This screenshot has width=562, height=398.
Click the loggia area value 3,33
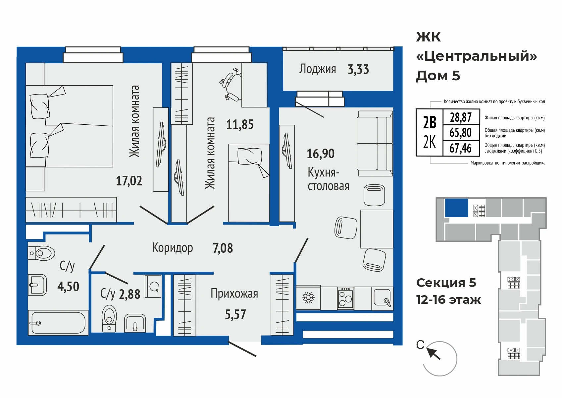(358, 69)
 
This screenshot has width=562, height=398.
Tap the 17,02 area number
(129, 181)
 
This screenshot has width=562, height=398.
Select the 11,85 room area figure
(240, 125)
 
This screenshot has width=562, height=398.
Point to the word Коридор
(173, 248)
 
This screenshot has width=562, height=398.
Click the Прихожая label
(234, 294)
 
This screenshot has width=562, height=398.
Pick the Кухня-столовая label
(328, 179)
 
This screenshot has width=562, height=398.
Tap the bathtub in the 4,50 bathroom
(58, 323)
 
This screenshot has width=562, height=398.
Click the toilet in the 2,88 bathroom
(109, 319)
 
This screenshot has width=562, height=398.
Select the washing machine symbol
(153, 287)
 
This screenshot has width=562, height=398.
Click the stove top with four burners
(345, 298)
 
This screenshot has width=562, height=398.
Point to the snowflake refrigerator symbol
(308, 298)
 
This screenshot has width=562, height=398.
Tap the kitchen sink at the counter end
(383, 298)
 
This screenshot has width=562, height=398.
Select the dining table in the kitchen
(377, 229)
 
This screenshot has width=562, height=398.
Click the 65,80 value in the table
(460, 133)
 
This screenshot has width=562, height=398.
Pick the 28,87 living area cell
(461, 117)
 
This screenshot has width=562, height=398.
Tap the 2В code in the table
(430, 123)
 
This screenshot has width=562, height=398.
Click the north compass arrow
(434, 354)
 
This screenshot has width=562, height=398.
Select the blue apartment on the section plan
(456, 208)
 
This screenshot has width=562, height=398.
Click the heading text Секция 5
(446, 283)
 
